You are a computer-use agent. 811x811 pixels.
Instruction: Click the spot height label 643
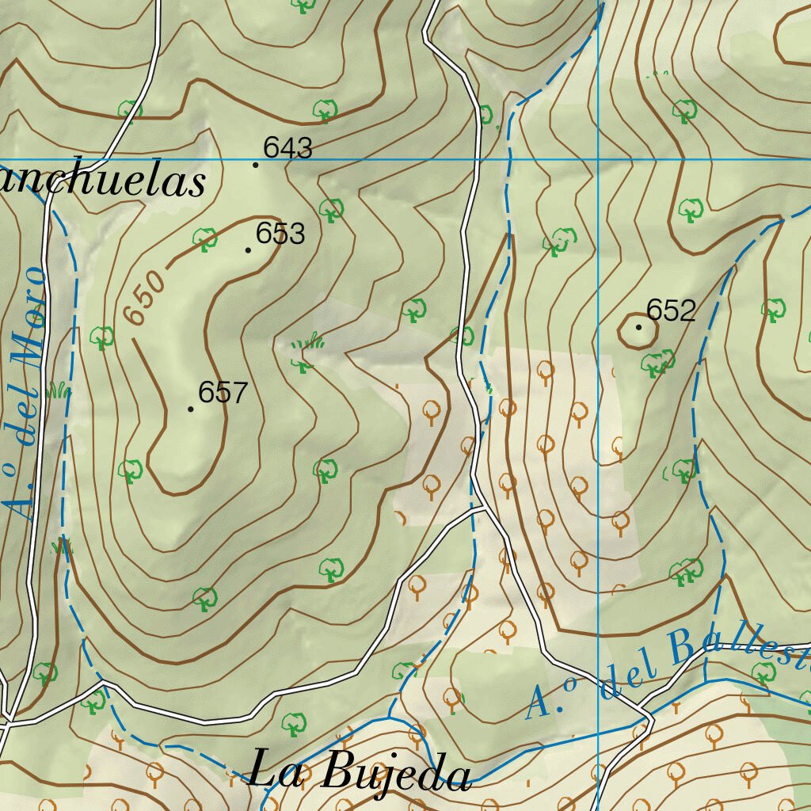(288, 148)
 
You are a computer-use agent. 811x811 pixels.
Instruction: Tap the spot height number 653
(280, 234)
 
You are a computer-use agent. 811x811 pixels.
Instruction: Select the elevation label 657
(223, 392)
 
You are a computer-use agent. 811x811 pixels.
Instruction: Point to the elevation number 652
(671, 310)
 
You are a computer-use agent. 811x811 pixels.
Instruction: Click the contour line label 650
(146, 299)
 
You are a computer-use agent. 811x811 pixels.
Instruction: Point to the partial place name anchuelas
(101, 181)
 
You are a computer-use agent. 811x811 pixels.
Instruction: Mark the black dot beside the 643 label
(255, 165)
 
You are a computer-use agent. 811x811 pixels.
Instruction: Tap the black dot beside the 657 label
(191, 409)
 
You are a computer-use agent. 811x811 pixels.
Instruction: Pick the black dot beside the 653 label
(248, 250)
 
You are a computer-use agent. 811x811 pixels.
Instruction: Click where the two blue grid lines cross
(598, 159)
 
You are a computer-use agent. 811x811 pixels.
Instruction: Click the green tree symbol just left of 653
(205, 238)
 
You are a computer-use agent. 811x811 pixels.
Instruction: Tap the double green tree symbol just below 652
(657, 363)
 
